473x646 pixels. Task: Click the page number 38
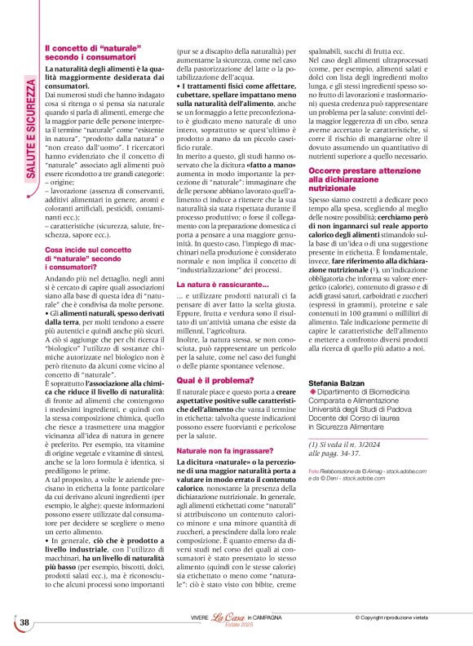[x=24, y=622]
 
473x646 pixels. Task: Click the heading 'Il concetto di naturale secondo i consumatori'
[x=90, y=55]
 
